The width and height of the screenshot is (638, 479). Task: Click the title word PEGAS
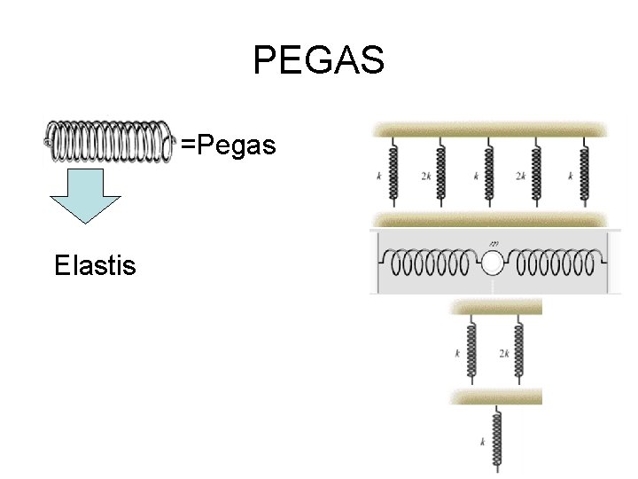(318, 61)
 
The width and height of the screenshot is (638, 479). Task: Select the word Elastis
(95, 264)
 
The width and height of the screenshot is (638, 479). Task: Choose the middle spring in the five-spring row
(489, 174)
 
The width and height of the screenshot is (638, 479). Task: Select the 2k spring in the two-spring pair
(519, 349)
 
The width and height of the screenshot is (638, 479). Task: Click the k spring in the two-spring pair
(471, 349)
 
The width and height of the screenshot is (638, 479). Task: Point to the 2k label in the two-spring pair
(504, 353)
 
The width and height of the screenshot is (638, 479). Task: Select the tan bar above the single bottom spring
(496, 396)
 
